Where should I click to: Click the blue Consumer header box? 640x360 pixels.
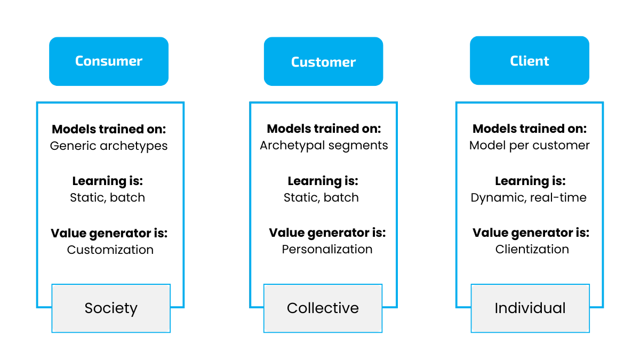click(109, 61)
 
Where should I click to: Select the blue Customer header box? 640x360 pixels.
click(323, 62)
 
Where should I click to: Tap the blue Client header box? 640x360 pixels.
click(529, 61)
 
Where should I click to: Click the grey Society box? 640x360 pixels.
click(111, 308)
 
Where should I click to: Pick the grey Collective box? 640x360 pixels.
click(323, 308)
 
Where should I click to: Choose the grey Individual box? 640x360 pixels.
click(530, 308)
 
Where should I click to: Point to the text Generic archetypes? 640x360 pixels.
click(109, 146)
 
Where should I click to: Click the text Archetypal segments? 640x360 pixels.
click(324, 146)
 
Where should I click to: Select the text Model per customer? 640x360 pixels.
click(530, 146)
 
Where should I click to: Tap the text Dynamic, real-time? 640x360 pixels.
click(529, 198)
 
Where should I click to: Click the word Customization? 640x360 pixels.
click(110, 250)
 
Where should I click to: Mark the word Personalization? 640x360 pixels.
click(327, 250)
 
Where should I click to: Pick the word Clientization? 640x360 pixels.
click(532, 250)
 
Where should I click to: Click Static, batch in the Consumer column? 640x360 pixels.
click(107, 198)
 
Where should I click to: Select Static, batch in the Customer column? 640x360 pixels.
click(321, 198)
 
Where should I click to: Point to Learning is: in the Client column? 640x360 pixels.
click(530, 181)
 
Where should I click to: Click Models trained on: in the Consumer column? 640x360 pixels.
click(109, 129)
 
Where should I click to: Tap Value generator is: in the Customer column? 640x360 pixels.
click(327, 233)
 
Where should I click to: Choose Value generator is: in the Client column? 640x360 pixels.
click(531, 233)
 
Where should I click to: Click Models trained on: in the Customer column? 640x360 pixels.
click(324, 129)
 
